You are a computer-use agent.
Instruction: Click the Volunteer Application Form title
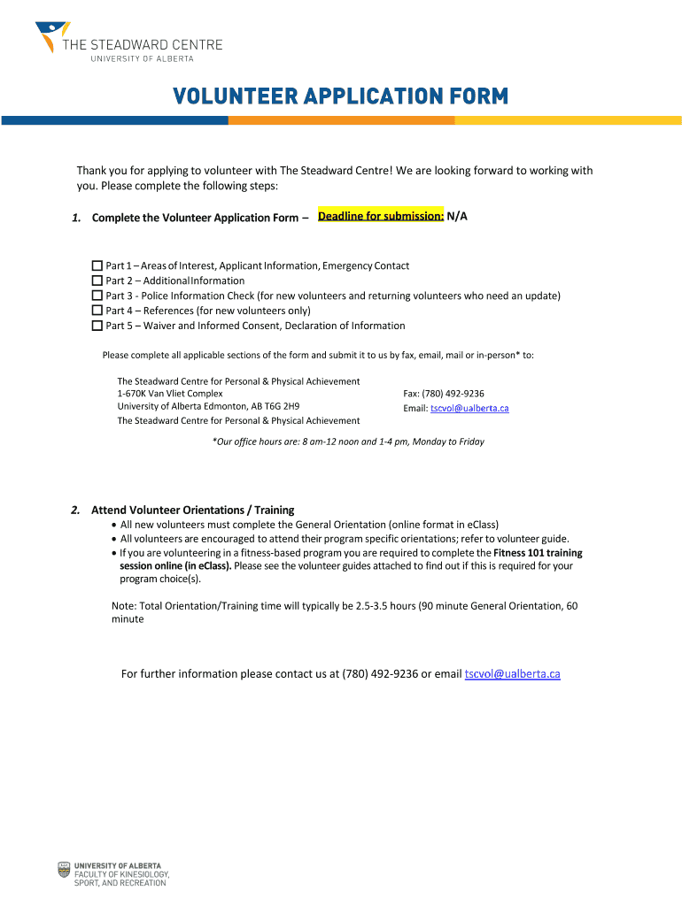click(x=340, y=96)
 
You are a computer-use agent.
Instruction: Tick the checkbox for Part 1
click(x=97, y=265)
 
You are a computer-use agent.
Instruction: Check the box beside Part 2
click(x=97, y=280)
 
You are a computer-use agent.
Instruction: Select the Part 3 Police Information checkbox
click(x=97, y=296)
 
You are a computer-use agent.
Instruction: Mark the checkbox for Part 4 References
click(x=97, y=311)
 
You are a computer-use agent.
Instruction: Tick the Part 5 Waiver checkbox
click(x=97, y=326)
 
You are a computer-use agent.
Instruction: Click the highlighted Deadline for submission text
click(x=381, y=216)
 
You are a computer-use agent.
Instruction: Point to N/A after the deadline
click(x=457, y=216)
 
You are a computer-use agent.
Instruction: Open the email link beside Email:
click(x=469, y=408)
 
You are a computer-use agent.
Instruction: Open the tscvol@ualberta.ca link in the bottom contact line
click(x=512, y=674)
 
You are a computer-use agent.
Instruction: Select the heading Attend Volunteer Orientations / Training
click(x=193, y=510)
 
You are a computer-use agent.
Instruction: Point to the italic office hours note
click(x=348, y=441)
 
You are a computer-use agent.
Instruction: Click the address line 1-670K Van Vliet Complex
click(x=170, y=394)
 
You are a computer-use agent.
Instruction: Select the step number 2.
click(x=76, y=510)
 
